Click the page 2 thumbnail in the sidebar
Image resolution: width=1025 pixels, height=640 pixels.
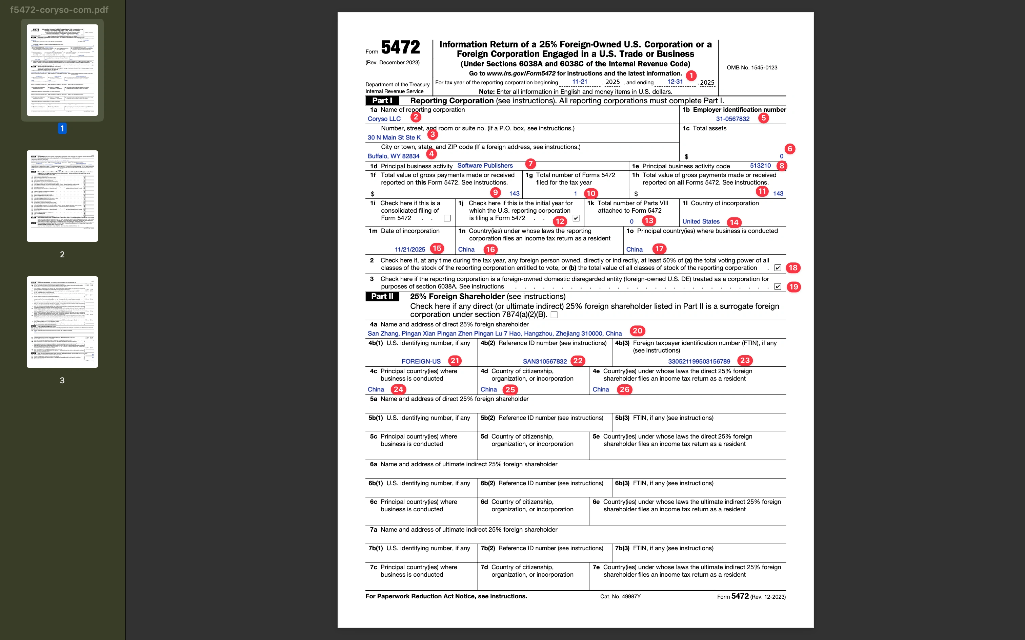(62, 196)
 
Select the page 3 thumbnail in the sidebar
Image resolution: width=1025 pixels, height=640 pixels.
(62, 322)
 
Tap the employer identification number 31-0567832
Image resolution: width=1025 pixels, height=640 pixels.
(732, 119)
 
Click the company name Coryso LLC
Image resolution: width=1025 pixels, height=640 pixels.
(384, 119)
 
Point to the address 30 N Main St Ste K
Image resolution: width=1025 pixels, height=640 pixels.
(394, 137)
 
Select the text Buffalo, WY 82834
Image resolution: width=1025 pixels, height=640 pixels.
(393, 156)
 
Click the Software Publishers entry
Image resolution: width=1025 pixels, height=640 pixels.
(485, 166)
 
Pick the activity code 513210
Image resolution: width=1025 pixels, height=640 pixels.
(760, 166)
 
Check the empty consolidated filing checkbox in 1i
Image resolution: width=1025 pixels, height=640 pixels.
(447, 218)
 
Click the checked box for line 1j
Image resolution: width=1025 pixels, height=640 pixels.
(576, 218)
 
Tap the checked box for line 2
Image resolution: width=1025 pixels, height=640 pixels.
(778, 268)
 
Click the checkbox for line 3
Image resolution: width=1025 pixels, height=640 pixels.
(778, 286)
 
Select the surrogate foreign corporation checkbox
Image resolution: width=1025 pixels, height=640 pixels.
(554, 315)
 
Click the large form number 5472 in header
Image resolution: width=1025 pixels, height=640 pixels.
(400, 47)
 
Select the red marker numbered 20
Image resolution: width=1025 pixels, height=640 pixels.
(637, 330)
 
